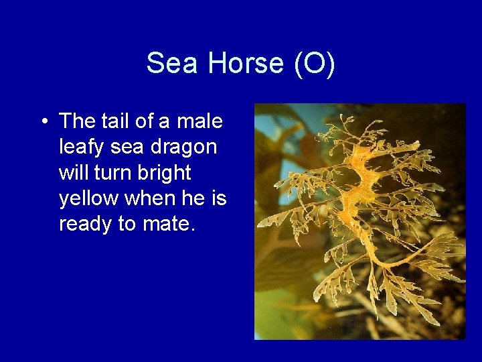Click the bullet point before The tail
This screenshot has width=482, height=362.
[44, 122]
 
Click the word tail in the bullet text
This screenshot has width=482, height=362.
[119, 121]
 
